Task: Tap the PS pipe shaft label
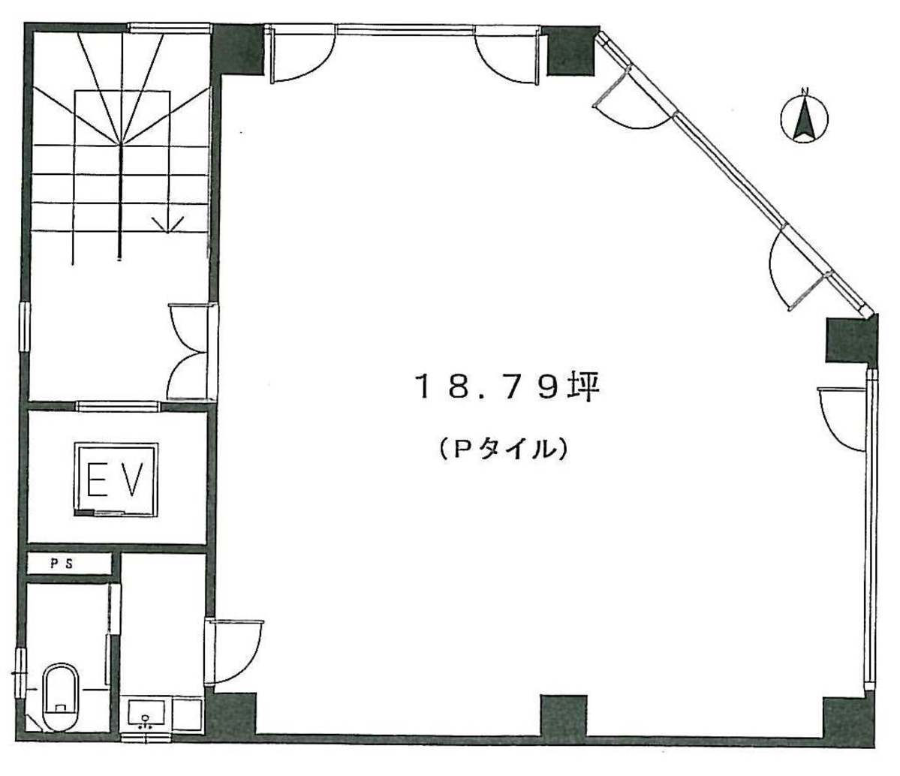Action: tap(62, 564)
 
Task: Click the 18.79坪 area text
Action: tap(507, 386)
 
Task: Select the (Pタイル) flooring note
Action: tap(504, 448)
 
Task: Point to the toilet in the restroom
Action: tap(60, 696)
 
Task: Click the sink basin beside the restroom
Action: tap(146, 714)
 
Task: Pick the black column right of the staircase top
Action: tap(238, 50)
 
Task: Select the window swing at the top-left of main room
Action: tap(300, 55)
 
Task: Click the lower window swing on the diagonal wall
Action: tap(798, 269)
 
